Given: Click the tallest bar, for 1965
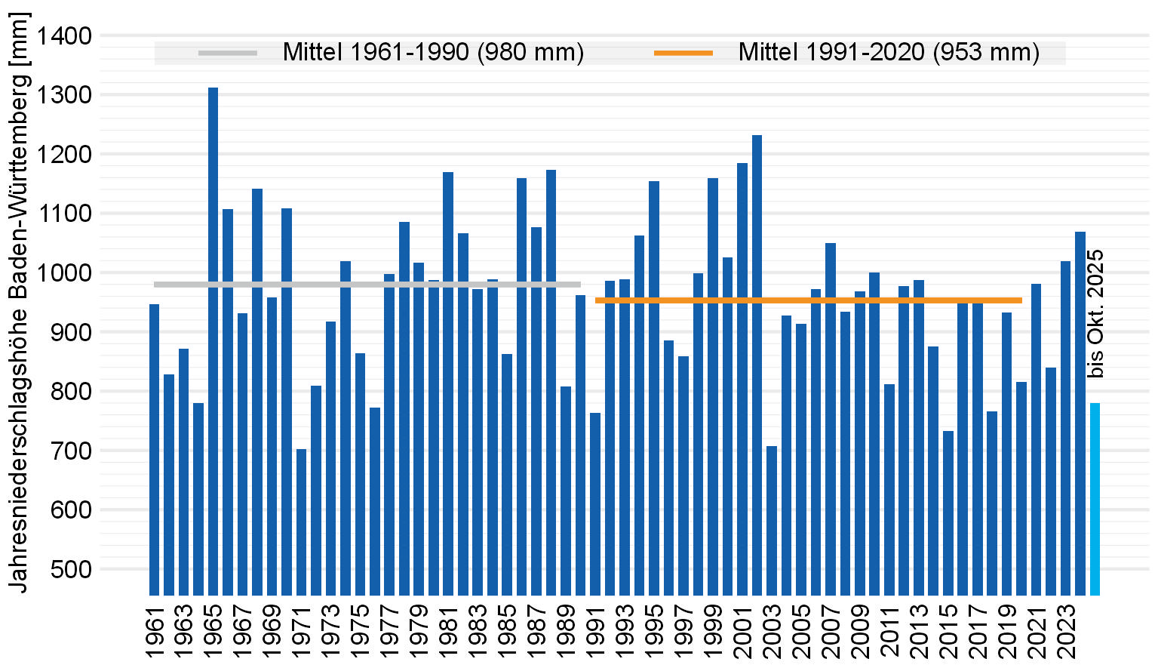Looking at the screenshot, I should pyautogui.click(x=213, y=340).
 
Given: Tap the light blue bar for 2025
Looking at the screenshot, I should pyautogui.click(x=1095, y=498).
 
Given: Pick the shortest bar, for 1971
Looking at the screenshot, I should pyautogui.click(x=301, y=521).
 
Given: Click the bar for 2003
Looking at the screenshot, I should pyautogui.click(x=772, y=521).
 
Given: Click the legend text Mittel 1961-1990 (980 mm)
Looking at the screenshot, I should pyautogui.click(x=433, y=53).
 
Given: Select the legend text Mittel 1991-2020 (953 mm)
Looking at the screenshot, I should pyautogui.click(x=889, y=53).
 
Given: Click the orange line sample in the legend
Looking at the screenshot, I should pyautogui.click(x=683, y=53).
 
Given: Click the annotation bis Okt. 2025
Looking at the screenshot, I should pyautogui.click(x=1095, y=313).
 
